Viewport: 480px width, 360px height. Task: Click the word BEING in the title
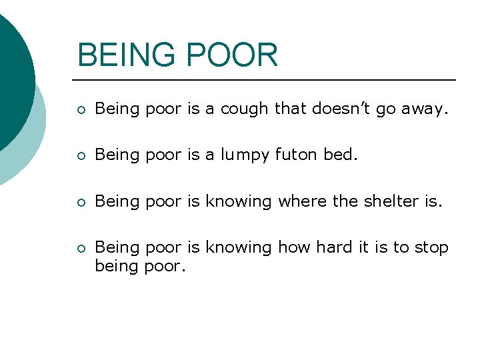click(125, 55)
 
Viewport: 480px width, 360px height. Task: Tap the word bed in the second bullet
click(340, 155)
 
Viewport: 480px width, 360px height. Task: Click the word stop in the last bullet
click(431, 248)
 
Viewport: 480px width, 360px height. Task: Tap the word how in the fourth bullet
click(295, 247)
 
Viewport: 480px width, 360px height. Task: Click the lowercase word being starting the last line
click(117, 267)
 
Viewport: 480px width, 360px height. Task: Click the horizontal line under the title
click(267, 80)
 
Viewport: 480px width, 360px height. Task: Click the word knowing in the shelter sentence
click(238, 201)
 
